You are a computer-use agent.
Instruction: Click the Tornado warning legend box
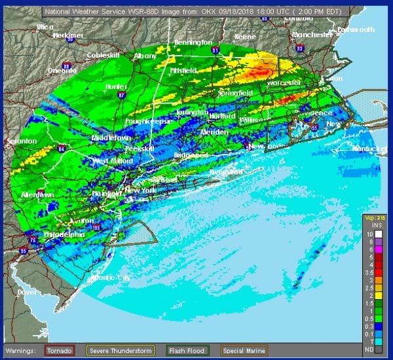pyautogui.click(x=60, y=350)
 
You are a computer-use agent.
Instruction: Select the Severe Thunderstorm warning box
pyautogui.click(x=122, y=350)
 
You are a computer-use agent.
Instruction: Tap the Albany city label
pyautogui.click(x=145, y=57)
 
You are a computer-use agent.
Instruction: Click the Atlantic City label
pyautogui.click(x=109, y=277)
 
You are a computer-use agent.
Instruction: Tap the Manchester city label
pyautogui.click(x=313, y=34)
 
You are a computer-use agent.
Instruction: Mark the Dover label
pyautogui.click(x=27, y=292)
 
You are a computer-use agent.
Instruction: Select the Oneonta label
pyautogui.click(x=63, y=70)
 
